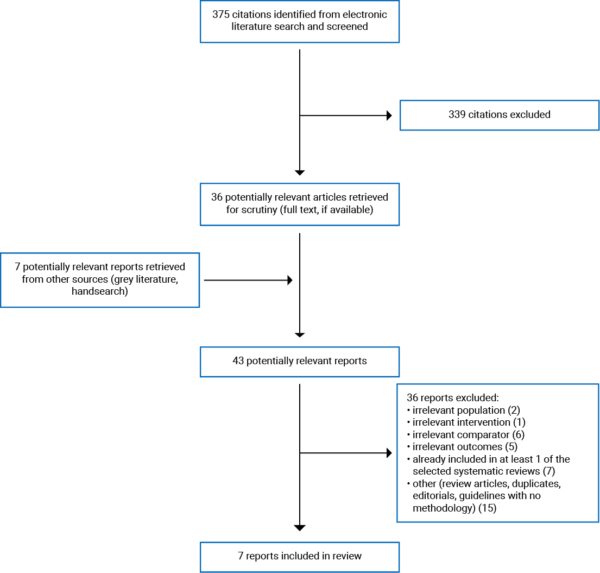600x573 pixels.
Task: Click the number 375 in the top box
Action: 222,14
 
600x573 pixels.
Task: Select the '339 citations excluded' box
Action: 499,115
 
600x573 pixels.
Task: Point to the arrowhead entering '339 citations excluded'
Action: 388,115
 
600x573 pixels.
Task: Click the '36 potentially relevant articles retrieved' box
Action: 299,203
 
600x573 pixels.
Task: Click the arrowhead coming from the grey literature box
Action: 289,280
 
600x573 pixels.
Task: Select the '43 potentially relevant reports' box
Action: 299,361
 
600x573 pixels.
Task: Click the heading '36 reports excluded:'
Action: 449,397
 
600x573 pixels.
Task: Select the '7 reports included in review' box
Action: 299,556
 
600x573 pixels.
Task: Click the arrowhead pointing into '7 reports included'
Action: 300,528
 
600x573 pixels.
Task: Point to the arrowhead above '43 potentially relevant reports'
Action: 300,335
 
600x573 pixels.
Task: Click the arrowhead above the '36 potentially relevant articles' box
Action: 300,172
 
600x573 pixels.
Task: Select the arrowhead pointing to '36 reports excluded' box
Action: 388,453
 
